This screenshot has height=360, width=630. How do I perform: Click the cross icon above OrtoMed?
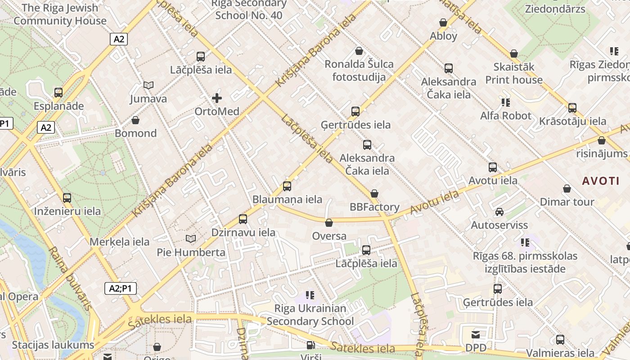217,98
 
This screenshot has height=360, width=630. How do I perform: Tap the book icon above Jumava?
148,85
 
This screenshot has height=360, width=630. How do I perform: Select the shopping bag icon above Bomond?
135,120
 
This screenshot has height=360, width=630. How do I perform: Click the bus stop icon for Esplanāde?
58,93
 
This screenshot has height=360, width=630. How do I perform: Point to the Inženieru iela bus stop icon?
67,198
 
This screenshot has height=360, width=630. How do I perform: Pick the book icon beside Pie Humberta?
191,238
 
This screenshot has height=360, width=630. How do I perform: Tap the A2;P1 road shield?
120,288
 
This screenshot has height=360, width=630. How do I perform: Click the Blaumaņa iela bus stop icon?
287,186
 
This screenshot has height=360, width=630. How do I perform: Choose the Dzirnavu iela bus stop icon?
243,219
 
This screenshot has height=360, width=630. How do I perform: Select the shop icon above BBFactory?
374,193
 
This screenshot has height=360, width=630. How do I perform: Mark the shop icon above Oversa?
329,223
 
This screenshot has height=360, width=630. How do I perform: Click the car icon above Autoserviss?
499,211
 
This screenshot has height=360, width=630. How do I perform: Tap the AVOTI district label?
601,181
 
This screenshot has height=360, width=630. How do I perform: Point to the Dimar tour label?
567,202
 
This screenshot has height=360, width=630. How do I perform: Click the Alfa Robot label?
505,116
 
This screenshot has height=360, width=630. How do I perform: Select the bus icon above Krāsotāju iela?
572,108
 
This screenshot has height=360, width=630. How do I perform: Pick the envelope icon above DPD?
476,334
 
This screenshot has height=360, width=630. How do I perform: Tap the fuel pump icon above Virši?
310,345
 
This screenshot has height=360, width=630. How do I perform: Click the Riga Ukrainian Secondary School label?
310,315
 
